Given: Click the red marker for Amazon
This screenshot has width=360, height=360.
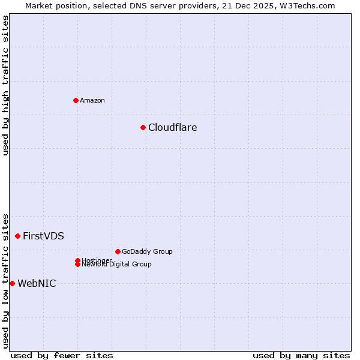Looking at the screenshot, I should tap(76, 100).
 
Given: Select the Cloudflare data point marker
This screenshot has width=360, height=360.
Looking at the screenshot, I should tap(143, 127).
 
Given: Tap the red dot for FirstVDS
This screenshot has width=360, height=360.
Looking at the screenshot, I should tap(17, 236).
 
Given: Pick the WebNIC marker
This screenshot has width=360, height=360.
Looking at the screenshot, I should tap(12, 283).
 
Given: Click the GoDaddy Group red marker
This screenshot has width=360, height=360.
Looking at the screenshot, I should tap(118, 251).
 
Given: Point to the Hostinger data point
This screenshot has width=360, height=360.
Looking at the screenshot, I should tap(77, 260).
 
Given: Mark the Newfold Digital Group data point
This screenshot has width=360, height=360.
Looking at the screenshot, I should tap(78, 265).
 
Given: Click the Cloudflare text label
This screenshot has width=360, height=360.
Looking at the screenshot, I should tap(172, 127).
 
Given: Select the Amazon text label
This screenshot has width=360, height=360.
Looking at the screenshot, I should tap(92, 100).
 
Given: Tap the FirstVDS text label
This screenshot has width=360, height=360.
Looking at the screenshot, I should tap(43, 236).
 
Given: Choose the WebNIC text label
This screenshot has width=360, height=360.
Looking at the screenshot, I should tap(37, 283).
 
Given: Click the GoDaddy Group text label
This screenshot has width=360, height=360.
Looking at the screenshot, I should tap(147, 251).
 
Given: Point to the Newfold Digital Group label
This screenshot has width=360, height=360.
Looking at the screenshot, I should tap(117, 265).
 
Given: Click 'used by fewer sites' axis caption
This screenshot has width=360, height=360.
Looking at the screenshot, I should tap(61, 355).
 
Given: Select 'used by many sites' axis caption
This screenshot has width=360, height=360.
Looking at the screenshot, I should tap(301, 355).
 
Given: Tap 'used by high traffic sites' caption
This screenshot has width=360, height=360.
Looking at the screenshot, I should tap(5, 85).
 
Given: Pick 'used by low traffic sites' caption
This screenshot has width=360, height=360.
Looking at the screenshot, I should tap(5, 280).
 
